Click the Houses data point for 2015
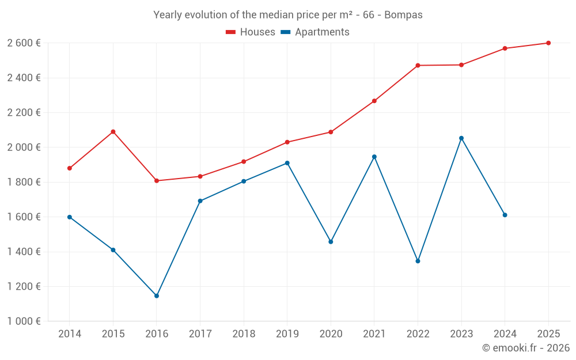(x=113, y=132)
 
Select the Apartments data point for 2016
(x=157, y=296)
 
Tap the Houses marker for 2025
(x=548, y=43)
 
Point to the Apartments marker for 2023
(x=461, y=138)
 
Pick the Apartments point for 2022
(x=418, y=261)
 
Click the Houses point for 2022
(x=418, y=66)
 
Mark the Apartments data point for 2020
(x=331, y=242)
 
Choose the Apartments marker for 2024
(x=505, y=215)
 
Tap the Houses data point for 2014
(x=70, y=168)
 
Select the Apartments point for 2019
(x=287, y=163)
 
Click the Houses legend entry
(x=251, y=32)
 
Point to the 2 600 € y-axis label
(x=24, y=43)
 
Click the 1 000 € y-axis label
(x=24, y=321)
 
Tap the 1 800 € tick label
(x=24, y=182)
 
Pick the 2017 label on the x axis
(x=200, y=334)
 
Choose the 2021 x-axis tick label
(x=374, y=334)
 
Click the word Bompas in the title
(x=403, y=15)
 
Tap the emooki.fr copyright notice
(x=526, y=348)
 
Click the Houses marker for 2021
(x=374, y=101)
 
